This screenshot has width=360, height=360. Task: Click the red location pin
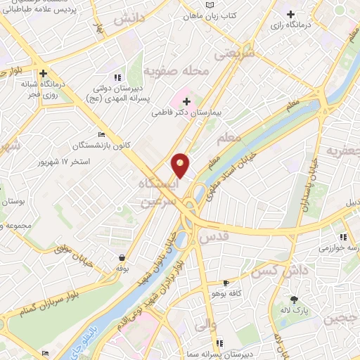181,165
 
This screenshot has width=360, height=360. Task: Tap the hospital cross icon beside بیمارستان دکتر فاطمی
186,103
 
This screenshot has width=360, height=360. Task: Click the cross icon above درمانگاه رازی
290,14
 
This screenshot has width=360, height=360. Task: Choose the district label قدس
214,238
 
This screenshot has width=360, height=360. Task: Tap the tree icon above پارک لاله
294,300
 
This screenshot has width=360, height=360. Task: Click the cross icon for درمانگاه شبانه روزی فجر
44,73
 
